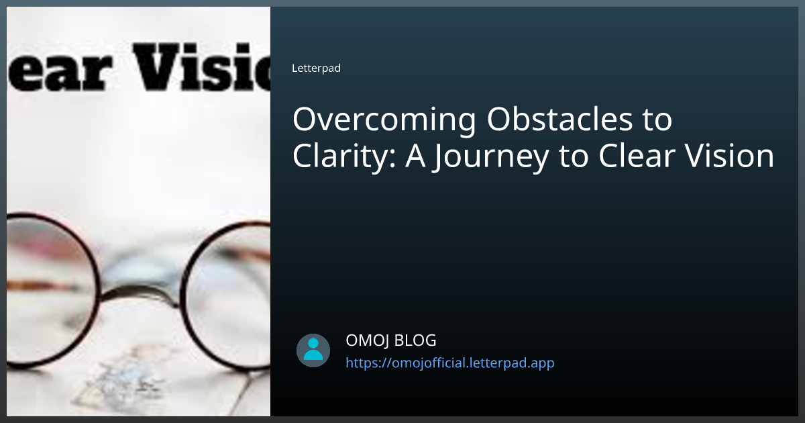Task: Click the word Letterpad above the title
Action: click(x=316, y=68)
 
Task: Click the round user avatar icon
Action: click(x=313, y=350)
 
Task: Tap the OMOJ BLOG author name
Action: click(x=390, y=340)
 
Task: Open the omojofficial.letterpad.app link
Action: click(x=449, y=363)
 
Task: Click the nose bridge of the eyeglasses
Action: click(x=144, y=295)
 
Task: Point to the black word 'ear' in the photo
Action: click(x=56, y=70)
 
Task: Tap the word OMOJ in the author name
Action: click(x=366, y=340)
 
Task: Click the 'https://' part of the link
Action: click(x=368, y=363)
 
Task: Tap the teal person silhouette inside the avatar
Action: click(x=313, y=349)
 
